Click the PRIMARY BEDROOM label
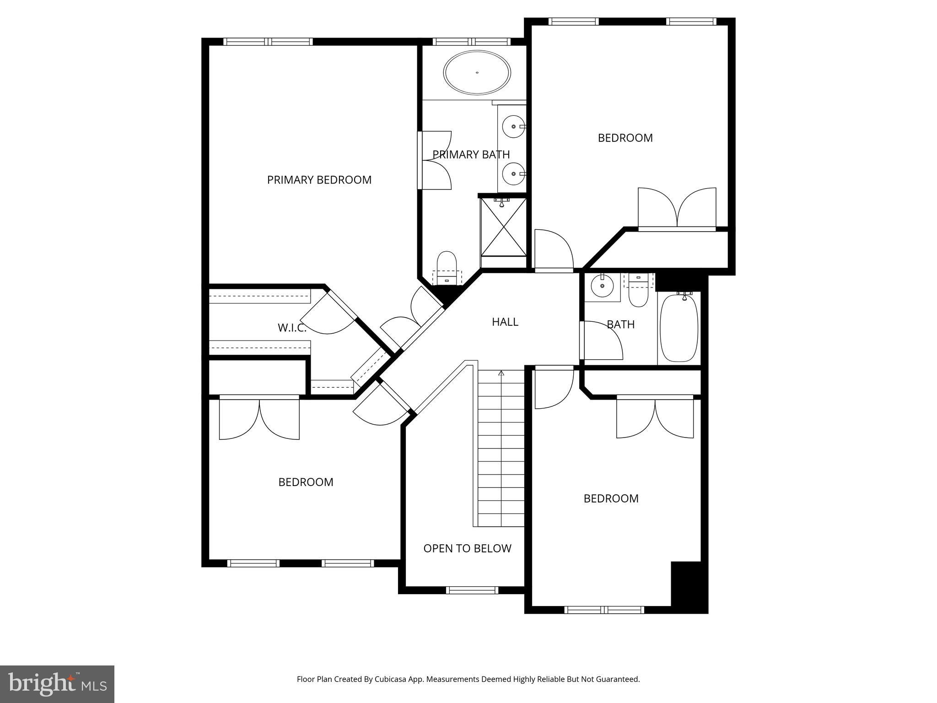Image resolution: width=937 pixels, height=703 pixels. [319, 180]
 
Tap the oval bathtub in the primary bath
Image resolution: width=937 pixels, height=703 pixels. [477, 73]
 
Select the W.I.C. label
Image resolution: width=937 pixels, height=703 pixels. [291, 328]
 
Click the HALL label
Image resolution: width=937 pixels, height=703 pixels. [505, 322]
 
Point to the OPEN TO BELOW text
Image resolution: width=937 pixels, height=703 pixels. [467, 548]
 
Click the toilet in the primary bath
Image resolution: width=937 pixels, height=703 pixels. [447, 268]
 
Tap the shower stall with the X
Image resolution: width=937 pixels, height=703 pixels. [503, 227]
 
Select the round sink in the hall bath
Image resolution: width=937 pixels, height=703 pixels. [602, 287]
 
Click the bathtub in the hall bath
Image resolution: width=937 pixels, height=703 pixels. [679, 328]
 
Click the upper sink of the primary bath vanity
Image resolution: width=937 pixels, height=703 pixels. [514, 126]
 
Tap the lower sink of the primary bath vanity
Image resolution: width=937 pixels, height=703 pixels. [514, 174]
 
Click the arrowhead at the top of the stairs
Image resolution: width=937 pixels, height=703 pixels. [501, 373]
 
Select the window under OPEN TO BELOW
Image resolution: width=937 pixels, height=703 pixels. [472, 590]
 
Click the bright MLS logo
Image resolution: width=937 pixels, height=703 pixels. [57, 684]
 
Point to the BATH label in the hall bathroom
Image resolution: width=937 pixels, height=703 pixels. [620, 324]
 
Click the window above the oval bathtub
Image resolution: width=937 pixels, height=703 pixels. [472, 42]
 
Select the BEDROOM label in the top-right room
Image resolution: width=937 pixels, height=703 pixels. [625, 138]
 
